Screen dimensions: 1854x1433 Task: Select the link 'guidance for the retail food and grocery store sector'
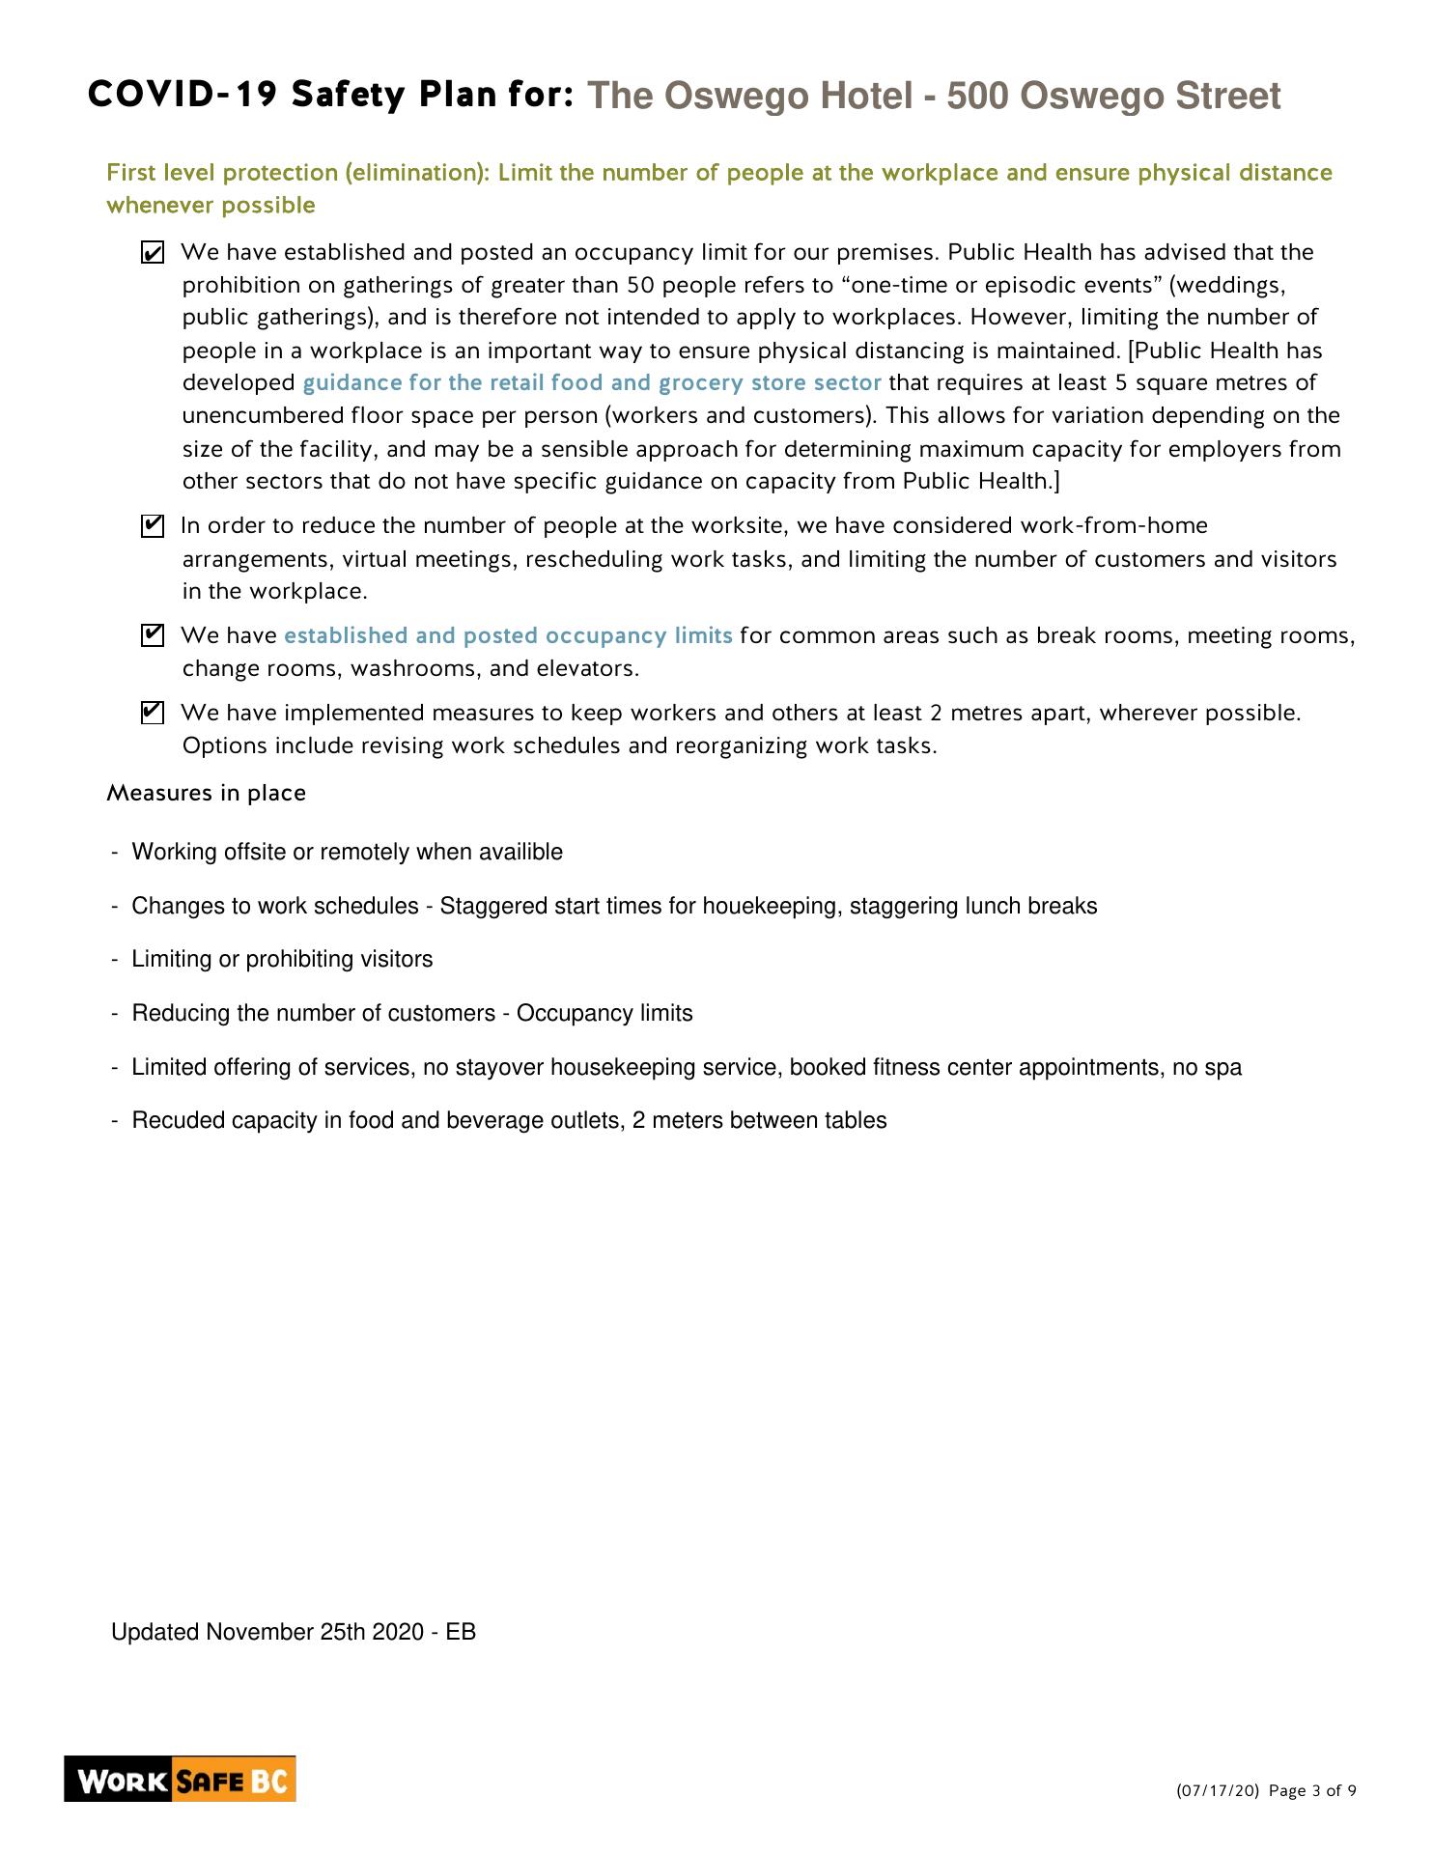591,382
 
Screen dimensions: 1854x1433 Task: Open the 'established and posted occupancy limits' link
508,635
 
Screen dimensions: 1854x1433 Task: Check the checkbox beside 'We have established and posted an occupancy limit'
152,254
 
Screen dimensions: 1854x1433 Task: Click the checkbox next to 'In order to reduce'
152,527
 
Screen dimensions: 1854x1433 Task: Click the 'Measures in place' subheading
206,793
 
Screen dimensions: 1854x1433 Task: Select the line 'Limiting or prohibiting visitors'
282,959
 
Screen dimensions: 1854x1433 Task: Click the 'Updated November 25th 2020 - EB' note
294,1632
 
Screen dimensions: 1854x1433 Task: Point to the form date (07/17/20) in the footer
1218,1791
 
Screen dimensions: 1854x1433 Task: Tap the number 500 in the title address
976,96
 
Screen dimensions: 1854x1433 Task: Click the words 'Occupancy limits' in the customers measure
604,1013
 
